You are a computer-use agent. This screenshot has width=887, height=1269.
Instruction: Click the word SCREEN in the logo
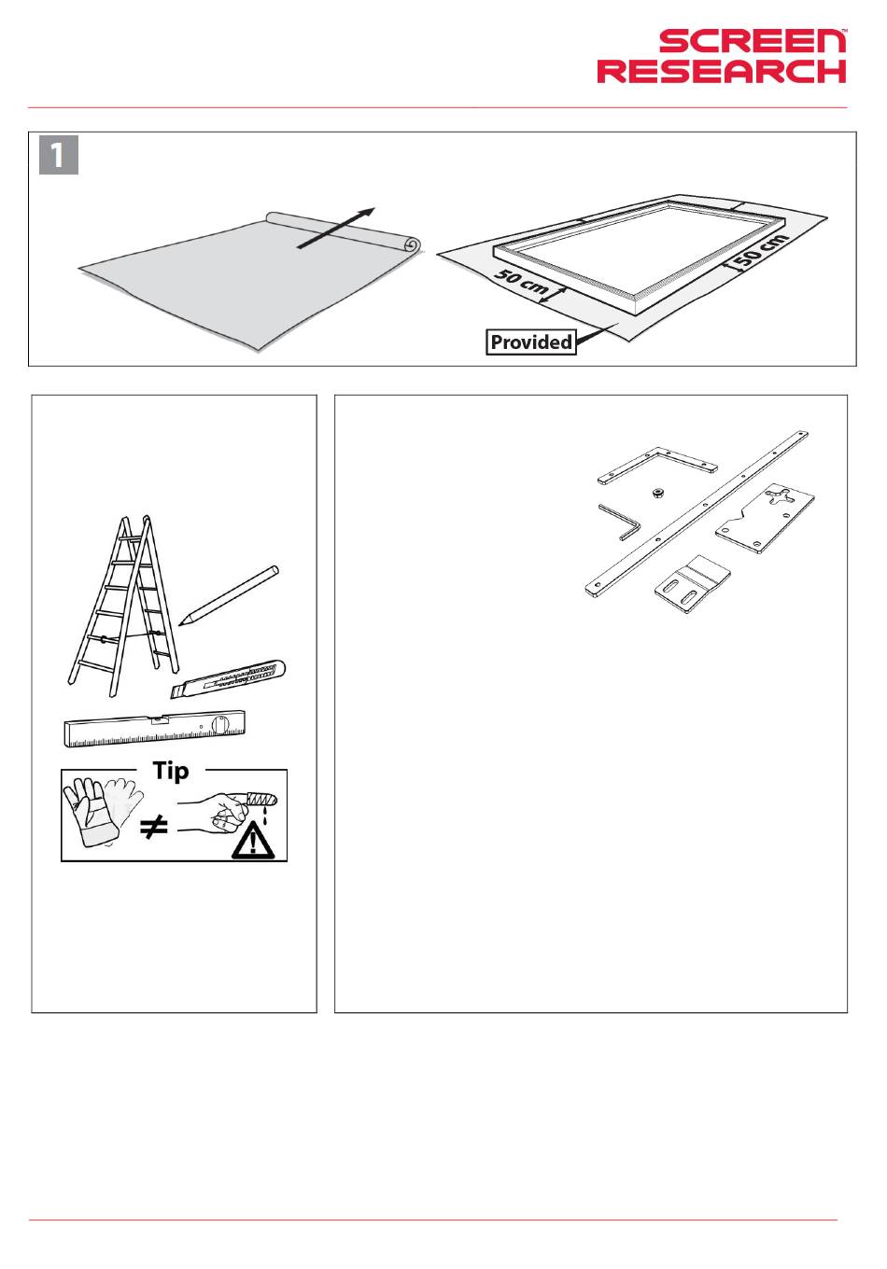point(753,41)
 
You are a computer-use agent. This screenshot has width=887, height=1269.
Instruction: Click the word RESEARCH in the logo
point(722,71)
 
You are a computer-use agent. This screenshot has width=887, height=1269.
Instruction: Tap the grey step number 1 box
point(59,155)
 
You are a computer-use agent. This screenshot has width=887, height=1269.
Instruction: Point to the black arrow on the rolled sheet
point(336,228)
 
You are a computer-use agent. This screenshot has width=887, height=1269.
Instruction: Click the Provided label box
point(531,342)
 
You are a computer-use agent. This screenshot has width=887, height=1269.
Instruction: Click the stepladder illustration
point(123,606)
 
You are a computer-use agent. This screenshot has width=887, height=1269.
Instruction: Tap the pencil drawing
point(229,595)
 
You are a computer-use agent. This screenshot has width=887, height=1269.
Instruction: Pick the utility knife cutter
point(228,679)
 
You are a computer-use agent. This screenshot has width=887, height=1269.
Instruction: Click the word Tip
point(171,772)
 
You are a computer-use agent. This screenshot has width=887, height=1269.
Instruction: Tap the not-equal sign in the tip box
point(154,828)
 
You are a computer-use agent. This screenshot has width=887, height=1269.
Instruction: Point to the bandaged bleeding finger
point(259,801)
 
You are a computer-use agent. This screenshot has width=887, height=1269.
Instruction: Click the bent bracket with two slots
point(693,585)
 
